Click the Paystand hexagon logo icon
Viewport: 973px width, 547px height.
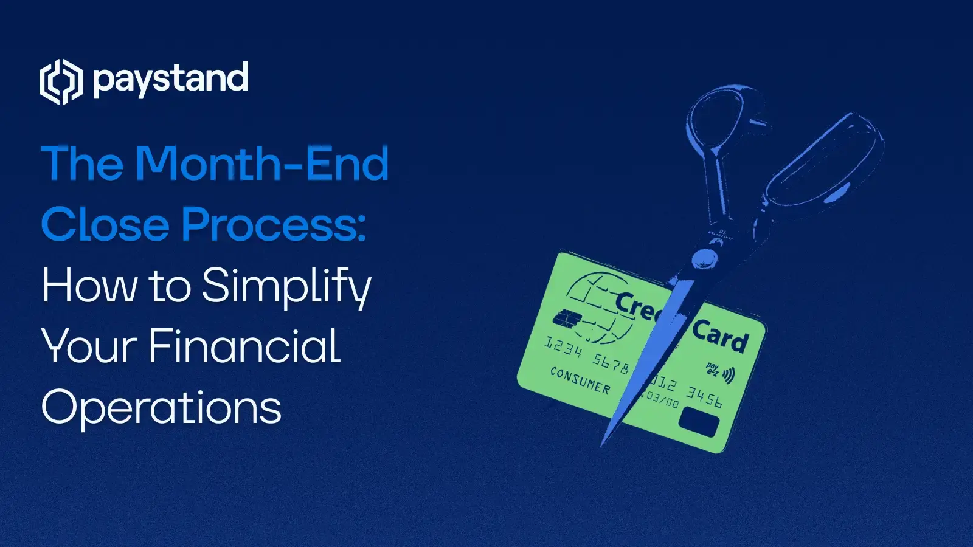click(61, 81)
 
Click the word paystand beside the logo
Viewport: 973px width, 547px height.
click(171, 80)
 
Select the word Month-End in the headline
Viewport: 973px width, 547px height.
click(261, 163)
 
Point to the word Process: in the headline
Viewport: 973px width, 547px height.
click(274, 224)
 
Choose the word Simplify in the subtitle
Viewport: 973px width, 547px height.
click(286, 286)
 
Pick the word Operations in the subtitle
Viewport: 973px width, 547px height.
click(161, 407)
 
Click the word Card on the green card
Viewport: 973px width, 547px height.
click(720, 336)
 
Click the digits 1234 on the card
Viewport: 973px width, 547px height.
click(563, 348)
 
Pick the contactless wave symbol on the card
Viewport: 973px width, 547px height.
click(727, 374)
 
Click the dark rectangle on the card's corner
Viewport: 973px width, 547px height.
click(699, 421)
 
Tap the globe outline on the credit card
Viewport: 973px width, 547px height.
click(599, 307)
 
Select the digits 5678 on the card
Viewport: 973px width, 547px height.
click(611, 364)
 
